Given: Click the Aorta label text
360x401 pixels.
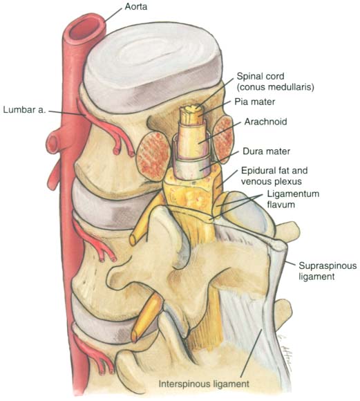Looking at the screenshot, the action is [135, 7].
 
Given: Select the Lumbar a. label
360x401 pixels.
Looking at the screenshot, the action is [24, 110].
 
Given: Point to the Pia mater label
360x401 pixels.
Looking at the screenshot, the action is [255, 102].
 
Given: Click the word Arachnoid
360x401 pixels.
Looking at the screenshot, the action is [265, 122].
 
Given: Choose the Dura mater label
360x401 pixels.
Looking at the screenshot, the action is [266, 151].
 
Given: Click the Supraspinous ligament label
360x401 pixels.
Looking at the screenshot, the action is [328, 271].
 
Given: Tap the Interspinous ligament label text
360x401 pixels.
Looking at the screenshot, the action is [204, 384].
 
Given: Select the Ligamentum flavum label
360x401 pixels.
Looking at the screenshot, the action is [293, 199].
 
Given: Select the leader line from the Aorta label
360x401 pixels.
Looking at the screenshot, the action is [113, 15].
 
